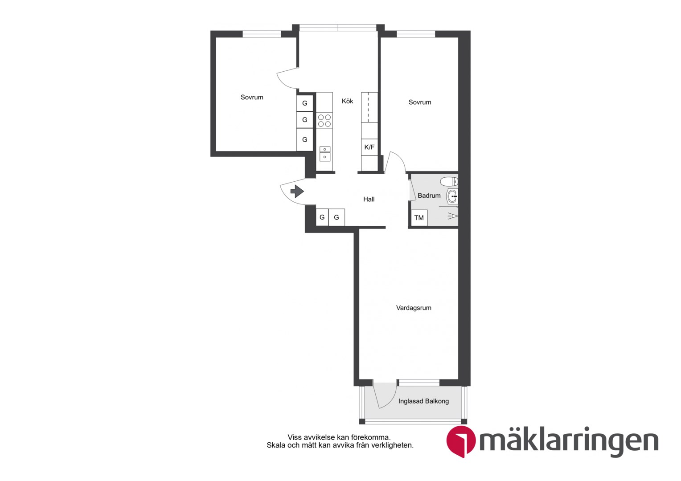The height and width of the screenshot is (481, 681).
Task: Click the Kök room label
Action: (x=347, y=101)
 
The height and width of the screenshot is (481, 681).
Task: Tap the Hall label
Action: (x=369, y=200)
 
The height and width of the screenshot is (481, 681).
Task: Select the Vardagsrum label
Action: (x=414, y=308)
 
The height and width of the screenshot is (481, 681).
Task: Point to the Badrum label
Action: (x=429, y=196)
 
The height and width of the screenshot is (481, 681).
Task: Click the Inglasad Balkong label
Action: (x=423, y=401)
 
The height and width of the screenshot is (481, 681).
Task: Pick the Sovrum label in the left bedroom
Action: (x=252, y=97)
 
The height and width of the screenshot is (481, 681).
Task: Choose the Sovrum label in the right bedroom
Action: (x=419, y=102)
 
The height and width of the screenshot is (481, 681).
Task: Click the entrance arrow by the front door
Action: (x=297, y=192)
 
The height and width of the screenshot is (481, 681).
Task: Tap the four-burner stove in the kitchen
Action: (x=324, y=120)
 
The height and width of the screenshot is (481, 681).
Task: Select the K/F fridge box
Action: (x=369, y=147)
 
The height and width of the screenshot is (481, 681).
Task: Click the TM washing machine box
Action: (x=419, y=217)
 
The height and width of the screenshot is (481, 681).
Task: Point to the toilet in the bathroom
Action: (x=449, y=181)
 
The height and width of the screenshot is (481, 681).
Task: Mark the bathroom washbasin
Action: (x=452, y=196)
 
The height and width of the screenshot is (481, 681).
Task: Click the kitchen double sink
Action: (x=325, y=153)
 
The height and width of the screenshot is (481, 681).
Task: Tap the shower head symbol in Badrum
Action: (x=453, y=216)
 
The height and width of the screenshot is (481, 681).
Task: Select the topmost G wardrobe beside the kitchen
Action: (x=305, y=103)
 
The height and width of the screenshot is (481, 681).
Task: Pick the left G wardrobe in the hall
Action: (x=322, y=217)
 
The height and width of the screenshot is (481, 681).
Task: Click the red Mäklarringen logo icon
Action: (x=461, y=441)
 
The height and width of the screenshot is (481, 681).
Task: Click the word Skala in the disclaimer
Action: (x=275, y=445)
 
